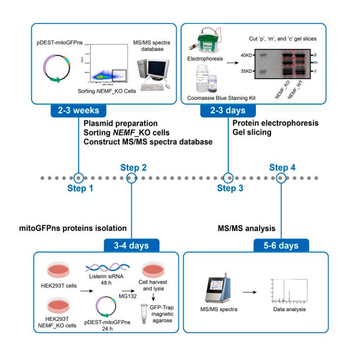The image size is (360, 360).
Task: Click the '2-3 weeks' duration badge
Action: [79, 111]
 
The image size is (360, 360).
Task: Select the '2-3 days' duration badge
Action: [229, 111]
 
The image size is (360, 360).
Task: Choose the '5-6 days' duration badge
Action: [280, 245]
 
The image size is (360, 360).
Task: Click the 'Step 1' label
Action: [80, 188]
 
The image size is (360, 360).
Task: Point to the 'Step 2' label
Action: [132, 168]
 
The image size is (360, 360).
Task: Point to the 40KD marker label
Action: [247, 54]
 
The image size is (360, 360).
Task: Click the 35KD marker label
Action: [247, 70]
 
